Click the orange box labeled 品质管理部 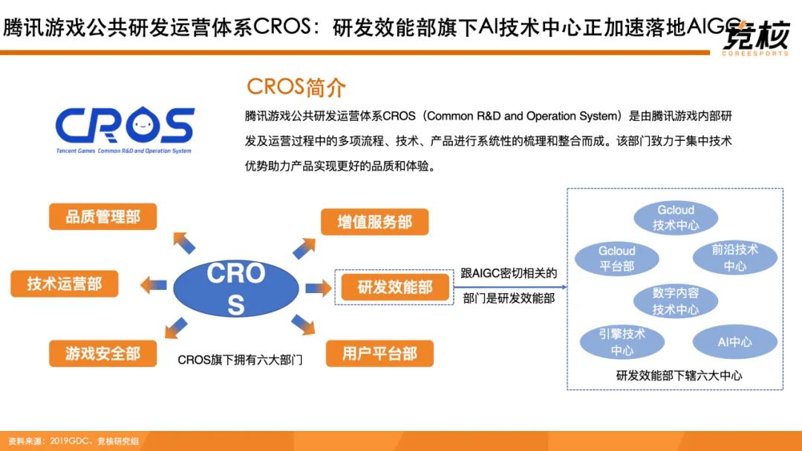tap(102, 217)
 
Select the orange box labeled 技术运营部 tap(65, 283)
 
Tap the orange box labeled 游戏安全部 tap(102, 353)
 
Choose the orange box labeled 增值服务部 tap(375, 222)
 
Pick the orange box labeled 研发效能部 tap(395, 287)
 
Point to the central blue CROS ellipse tap(236, 288)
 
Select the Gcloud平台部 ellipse tap(616, 257)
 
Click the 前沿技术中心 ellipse tap(734, 257)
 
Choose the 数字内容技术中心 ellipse tap(675, 300)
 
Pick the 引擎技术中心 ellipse tap(622, 341)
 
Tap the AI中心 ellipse tap(734, 342)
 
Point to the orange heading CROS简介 tap(296, 87)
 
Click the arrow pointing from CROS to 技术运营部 tap(155, 283)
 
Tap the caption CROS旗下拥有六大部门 tap(241, 360)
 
